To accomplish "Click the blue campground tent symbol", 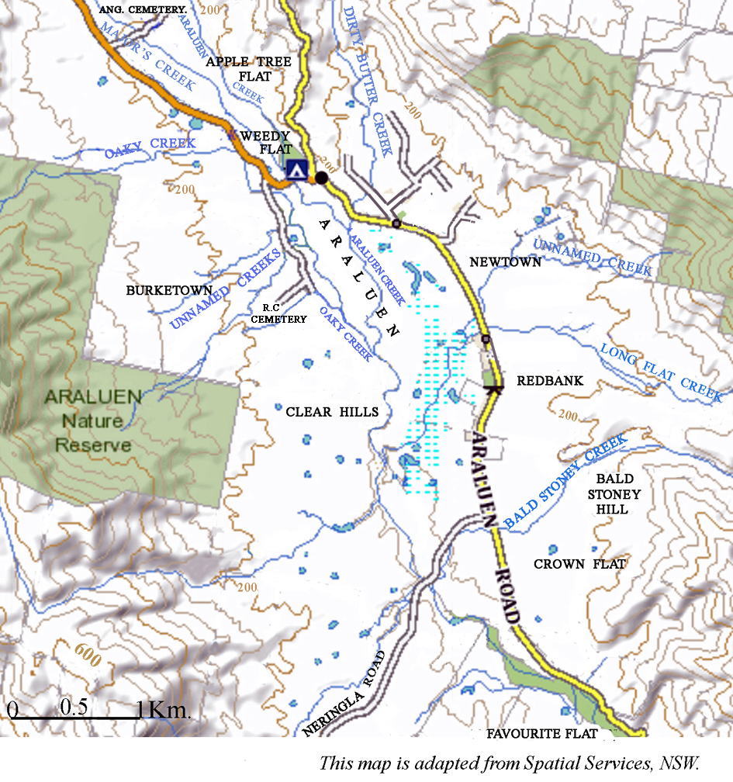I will (296, 170).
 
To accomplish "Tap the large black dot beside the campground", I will (321, 178).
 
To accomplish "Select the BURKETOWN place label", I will (158, 290).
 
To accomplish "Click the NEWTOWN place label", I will (505, 262).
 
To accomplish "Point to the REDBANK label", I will (549, 381).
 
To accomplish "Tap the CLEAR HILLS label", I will (332, 411).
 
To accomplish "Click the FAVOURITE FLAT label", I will (542, 734).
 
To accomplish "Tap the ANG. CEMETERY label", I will (143, 9).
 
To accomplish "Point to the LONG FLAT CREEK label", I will (662, 372).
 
